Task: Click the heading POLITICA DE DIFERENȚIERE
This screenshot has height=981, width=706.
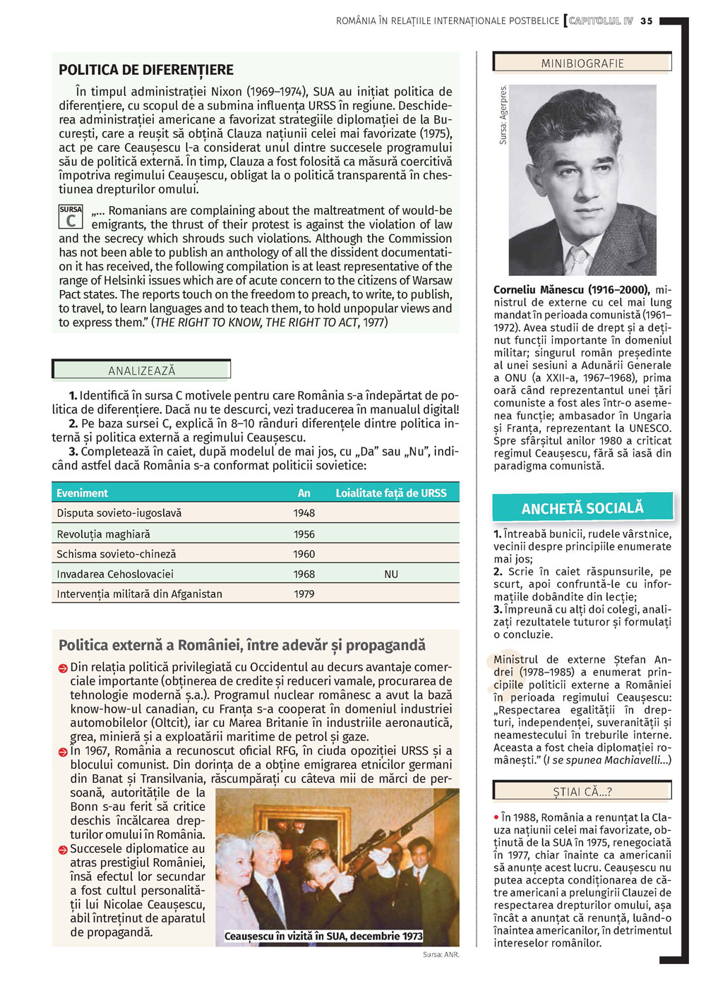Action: point(146,70)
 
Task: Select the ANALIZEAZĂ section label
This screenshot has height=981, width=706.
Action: point(142,371)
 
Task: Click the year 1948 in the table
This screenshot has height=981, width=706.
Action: point(304,513)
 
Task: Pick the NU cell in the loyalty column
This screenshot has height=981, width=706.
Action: point(391,574)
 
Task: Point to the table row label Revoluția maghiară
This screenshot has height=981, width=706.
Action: point(103,534)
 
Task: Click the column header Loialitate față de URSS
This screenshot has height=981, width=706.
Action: point(391,493)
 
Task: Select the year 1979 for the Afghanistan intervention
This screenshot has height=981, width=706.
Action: point(304,594)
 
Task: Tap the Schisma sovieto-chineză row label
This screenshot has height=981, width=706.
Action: point(116,554)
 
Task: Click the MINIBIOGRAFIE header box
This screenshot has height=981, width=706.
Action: point(582,63)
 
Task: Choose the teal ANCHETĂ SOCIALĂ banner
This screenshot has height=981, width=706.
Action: point(582,508)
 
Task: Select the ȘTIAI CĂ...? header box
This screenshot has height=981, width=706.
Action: point(582,792)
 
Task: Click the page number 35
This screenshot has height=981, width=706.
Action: point(647,21)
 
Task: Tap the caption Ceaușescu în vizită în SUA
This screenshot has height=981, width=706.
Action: point(323,936)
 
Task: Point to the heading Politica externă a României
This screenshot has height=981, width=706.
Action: point(242,645)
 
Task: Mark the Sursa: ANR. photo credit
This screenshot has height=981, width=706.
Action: point(441,954)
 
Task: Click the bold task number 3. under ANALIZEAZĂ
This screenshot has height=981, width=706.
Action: point(73,452)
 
